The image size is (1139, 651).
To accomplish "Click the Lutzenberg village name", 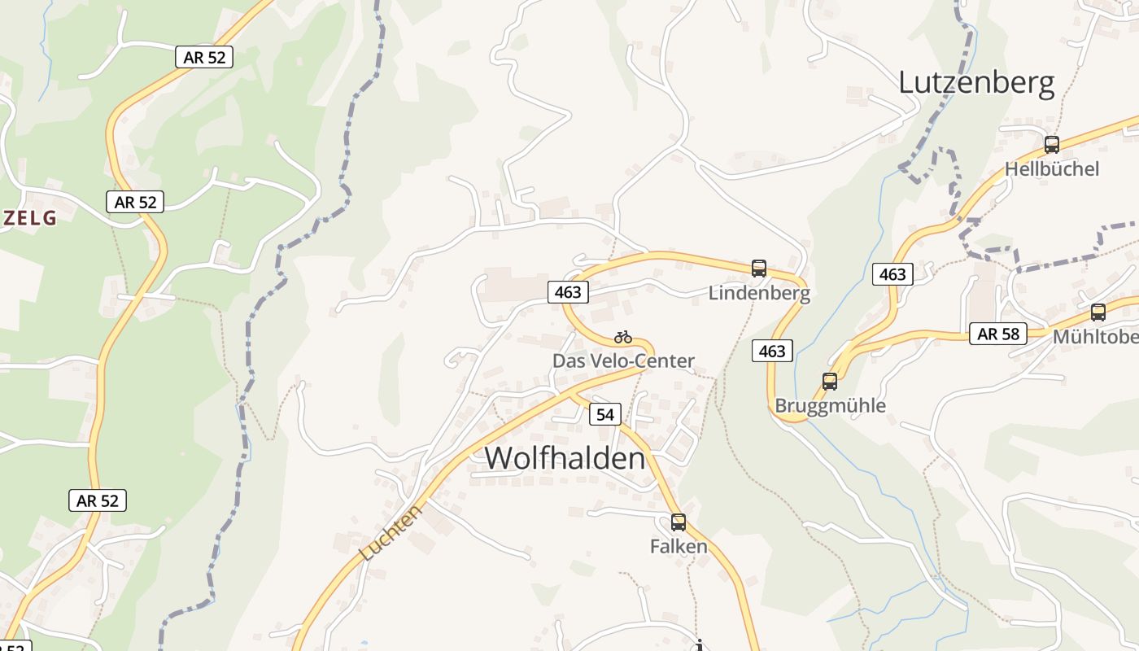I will click(976, 83).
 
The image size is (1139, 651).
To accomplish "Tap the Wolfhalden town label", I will click(565, 458).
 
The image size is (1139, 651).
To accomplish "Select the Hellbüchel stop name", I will click(1051, 169).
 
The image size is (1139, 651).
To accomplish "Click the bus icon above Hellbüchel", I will click(1052, 145).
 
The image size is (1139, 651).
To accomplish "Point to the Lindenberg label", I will click(759, 293).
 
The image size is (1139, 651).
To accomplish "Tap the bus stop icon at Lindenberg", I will click(759, 268).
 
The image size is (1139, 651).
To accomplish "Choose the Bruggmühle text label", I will click(830, 405).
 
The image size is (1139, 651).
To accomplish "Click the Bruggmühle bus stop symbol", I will click(830, 381).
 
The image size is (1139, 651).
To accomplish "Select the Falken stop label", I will click(679, 546).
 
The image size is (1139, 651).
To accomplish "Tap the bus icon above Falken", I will click(679, 522).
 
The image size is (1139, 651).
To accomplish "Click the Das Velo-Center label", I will click(623, 360).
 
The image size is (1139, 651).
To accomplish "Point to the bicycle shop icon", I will click(623, 337).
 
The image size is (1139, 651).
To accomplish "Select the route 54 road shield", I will click(604, 414).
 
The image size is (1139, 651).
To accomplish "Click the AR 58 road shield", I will click(998, 334).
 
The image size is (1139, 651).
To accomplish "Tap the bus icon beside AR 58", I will click(1098, 312).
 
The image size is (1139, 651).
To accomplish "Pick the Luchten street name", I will click(391, 532).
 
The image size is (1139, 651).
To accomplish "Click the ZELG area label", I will click(29, 218).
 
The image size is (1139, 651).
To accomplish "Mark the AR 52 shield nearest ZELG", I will click(135, 202).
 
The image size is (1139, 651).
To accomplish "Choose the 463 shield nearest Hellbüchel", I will click(892, 274).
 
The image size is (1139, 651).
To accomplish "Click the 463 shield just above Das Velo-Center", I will click(568, 292).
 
